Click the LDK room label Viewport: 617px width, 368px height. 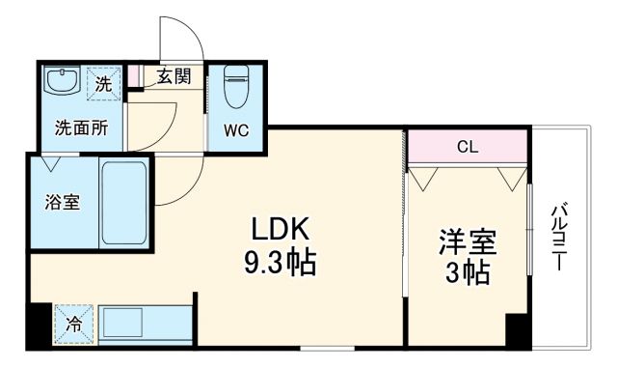(280, 229)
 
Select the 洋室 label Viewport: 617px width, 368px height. (466, 240)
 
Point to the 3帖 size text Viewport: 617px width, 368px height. (466, 271)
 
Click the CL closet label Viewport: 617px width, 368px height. (468, 147)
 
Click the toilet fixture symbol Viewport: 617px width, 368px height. (236, 88)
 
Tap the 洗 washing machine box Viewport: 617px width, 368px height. (104, 83)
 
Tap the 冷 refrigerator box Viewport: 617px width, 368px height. (73, 325)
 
